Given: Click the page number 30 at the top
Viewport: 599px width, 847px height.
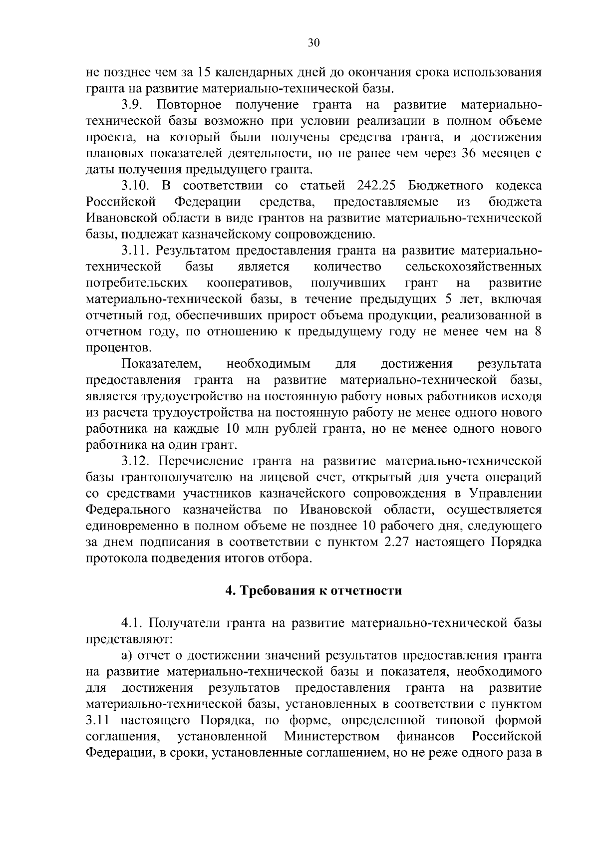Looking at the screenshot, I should (313, 43).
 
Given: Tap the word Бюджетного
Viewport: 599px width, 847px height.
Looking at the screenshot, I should (446, 186).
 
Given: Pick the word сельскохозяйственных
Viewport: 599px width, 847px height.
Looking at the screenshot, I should (474, 267).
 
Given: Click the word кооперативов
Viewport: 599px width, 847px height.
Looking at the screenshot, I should (249, 283).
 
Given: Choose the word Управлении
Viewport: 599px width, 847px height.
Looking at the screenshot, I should (506, 494).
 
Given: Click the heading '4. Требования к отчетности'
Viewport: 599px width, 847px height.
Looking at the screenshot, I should (313, 591).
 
